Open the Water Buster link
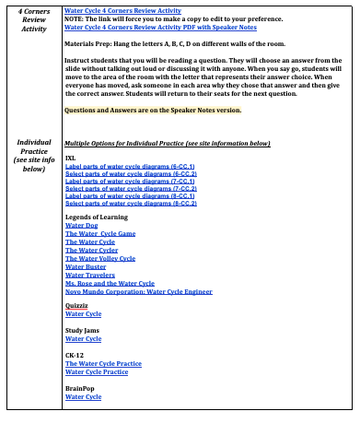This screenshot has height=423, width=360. coord(86,266)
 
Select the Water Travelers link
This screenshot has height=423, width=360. coord(89,275)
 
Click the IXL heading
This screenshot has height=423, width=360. coord(70,158)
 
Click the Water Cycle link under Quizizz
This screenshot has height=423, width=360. coord(83,313)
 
